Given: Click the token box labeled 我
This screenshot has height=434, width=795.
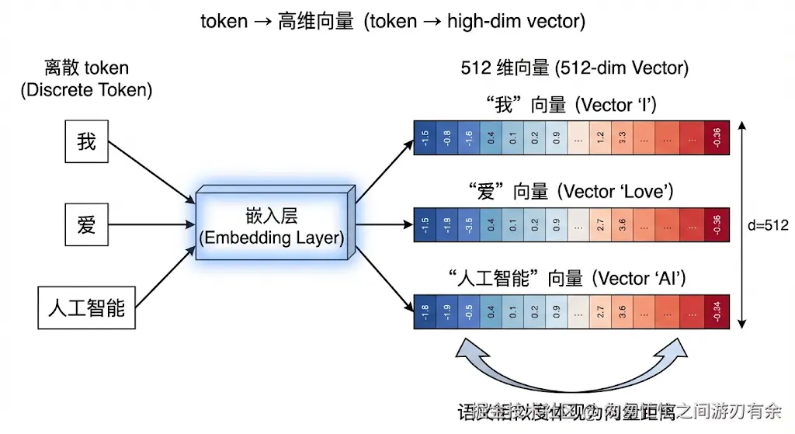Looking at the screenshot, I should pyautogui.click(x=86, y=142).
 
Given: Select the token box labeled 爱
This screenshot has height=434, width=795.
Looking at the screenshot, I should pyautogui.click(x=86, y=225).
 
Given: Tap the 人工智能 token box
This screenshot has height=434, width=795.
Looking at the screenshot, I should pyautogui.click(x=86, y=307).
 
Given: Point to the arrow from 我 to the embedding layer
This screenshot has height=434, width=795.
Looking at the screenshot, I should pyautogui.click(x=151, y=172).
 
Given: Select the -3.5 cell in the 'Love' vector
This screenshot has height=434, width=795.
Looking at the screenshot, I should pyautogui.click(x=470, y=225).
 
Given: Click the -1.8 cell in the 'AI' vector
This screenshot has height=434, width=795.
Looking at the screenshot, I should pyautogui.click(x=425, y=313).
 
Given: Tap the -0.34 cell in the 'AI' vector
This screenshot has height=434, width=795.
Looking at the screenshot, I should pyautogui.click(x=717, y=313).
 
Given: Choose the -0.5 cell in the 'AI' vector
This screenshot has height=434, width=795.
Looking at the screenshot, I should pyautogui.click(x=470, y=313).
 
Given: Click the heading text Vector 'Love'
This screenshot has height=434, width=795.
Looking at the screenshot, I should pyautogui.click(x=617, y=192).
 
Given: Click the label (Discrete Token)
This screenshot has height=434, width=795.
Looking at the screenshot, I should pyautogui.click(x=86, y=90).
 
